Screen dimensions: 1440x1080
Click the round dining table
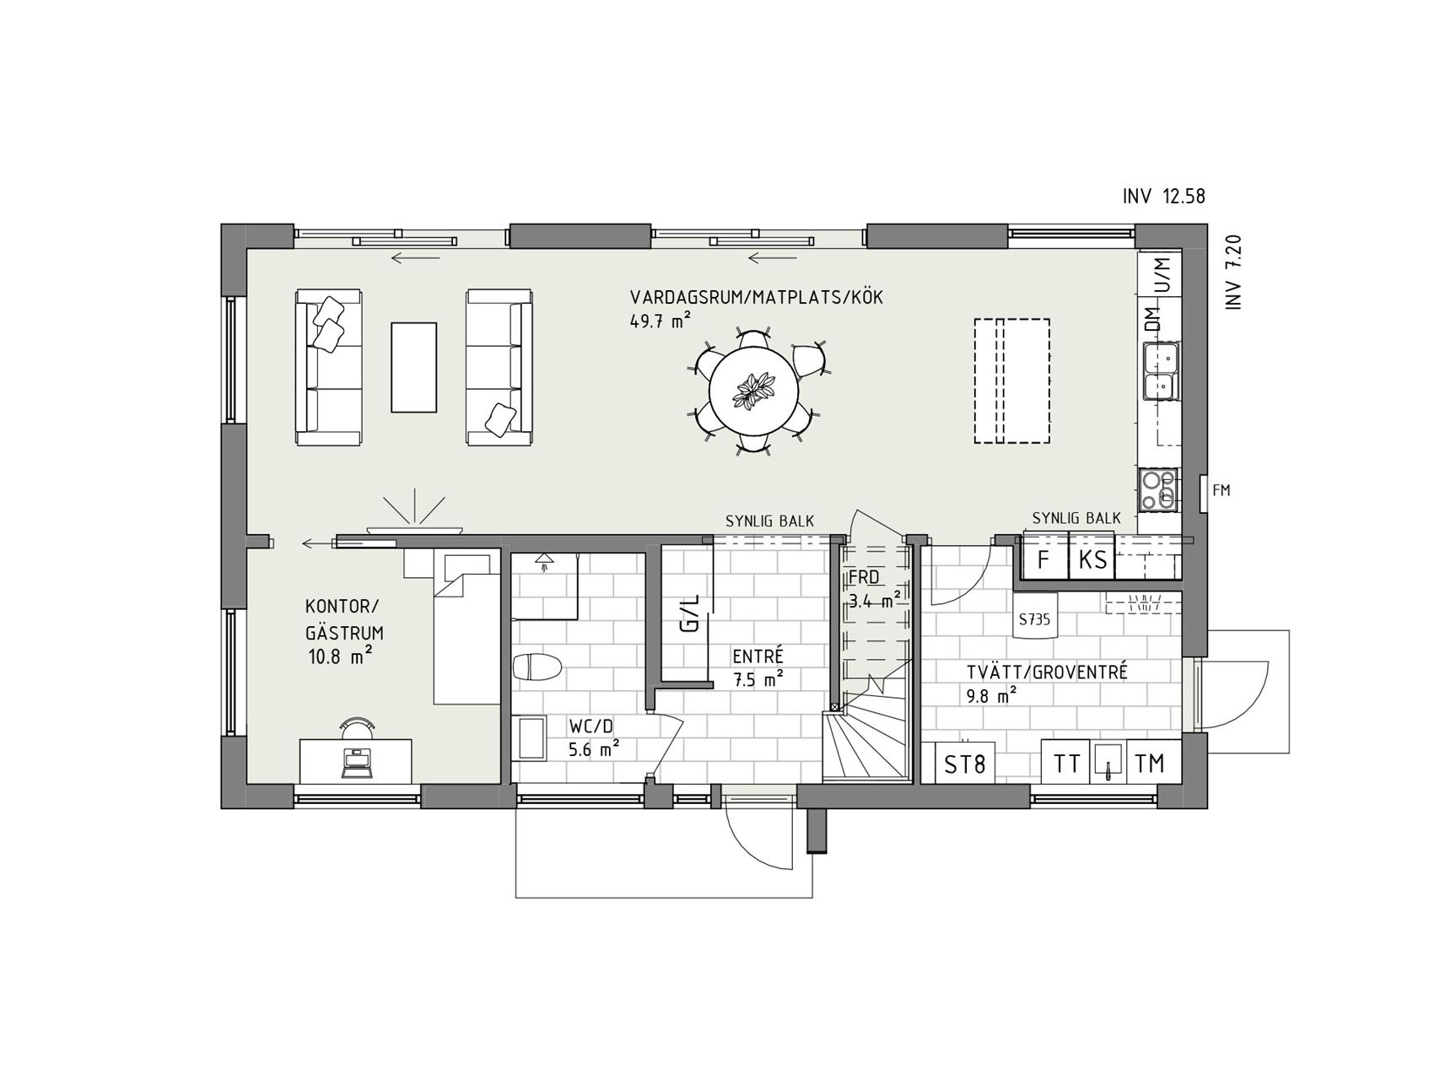coord(753,392)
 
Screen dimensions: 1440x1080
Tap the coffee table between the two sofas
coord(413,367)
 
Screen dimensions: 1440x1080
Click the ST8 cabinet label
coord(964,764)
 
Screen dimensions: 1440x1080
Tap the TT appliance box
coord(1067,764)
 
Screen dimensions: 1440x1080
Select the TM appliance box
coord(1150,764)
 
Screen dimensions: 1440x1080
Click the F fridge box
coord(1045,558)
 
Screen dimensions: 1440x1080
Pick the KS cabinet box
coord(1092,558)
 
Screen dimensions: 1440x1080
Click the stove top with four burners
coord(1158,490)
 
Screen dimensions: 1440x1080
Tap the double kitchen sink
coord(1162,371)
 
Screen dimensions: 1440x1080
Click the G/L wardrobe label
coord(690,613)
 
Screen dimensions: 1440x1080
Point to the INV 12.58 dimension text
coord(1164,197)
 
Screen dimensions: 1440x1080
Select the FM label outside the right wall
coord(1221,490)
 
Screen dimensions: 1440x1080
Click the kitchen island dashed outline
coord(1012,381)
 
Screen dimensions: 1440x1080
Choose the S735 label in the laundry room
coord(1034,619)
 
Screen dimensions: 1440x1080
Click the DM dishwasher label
coord(1152,320)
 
